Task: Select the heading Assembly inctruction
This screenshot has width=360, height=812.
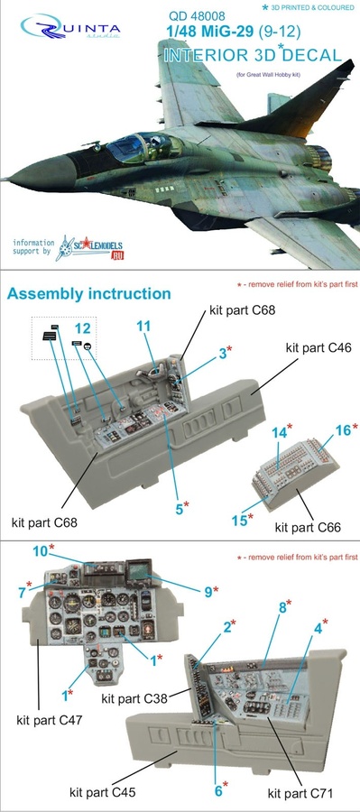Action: [88, 294]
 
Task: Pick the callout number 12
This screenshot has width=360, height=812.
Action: [83, 330]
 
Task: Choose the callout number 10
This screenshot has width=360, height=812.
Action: [41, 549]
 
